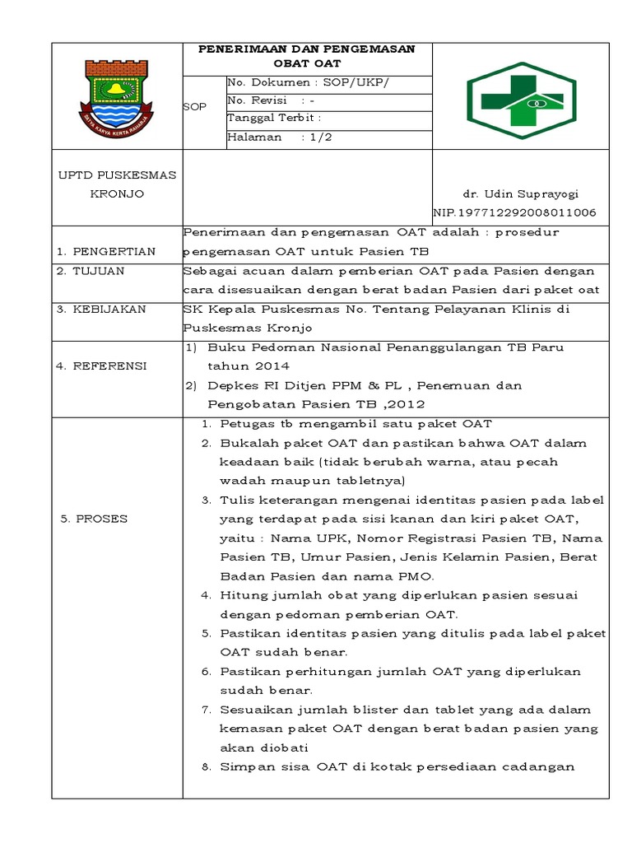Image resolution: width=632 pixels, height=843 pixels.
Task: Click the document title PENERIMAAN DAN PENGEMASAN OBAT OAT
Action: tap(307, 56)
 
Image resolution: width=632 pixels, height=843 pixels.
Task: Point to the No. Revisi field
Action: tap(271, 101)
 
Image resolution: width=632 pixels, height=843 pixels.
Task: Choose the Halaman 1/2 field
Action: tap(280, 138)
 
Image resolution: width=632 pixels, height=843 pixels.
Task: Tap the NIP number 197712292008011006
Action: tap(515, 212)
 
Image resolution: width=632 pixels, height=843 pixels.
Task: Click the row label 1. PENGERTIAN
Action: tap(106, 251)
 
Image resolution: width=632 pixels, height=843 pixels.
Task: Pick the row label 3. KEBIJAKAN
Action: tap(101, 309)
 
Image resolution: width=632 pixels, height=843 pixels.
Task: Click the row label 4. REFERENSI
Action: tap(101, 366)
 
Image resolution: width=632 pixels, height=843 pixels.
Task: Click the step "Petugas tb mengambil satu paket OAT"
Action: tap(355, 424)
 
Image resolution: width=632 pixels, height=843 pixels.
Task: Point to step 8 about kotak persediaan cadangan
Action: tap(397, 766)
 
